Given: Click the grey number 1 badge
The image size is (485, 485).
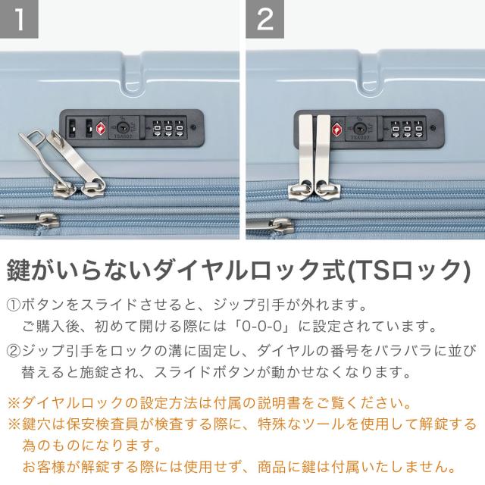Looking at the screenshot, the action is point(19,19).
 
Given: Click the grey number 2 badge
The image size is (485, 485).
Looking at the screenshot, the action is point(264,19).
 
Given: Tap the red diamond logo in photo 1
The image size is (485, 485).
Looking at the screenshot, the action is point(101,127).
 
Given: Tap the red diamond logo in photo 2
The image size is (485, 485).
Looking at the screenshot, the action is point(337,129).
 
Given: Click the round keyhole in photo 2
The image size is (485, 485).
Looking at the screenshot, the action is point(358,128).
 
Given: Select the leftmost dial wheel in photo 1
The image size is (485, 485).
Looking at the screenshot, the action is point(157,128).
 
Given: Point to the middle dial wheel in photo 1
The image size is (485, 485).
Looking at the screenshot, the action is point(168,128).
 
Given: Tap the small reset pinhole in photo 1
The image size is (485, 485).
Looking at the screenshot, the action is point(194,127).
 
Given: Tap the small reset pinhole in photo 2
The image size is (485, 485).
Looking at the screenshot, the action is point(433,128).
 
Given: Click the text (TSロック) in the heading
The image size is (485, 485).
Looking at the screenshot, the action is point(409,271).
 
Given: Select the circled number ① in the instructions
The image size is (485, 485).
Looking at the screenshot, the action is point(14,305).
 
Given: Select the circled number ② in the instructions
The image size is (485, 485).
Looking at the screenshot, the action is point(14,350).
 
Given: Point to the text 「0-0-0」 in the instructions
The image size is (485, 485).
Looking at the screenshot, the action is point(262,326).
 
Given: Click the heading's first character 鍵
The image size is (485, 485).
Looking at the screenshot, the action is point(18,271).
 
